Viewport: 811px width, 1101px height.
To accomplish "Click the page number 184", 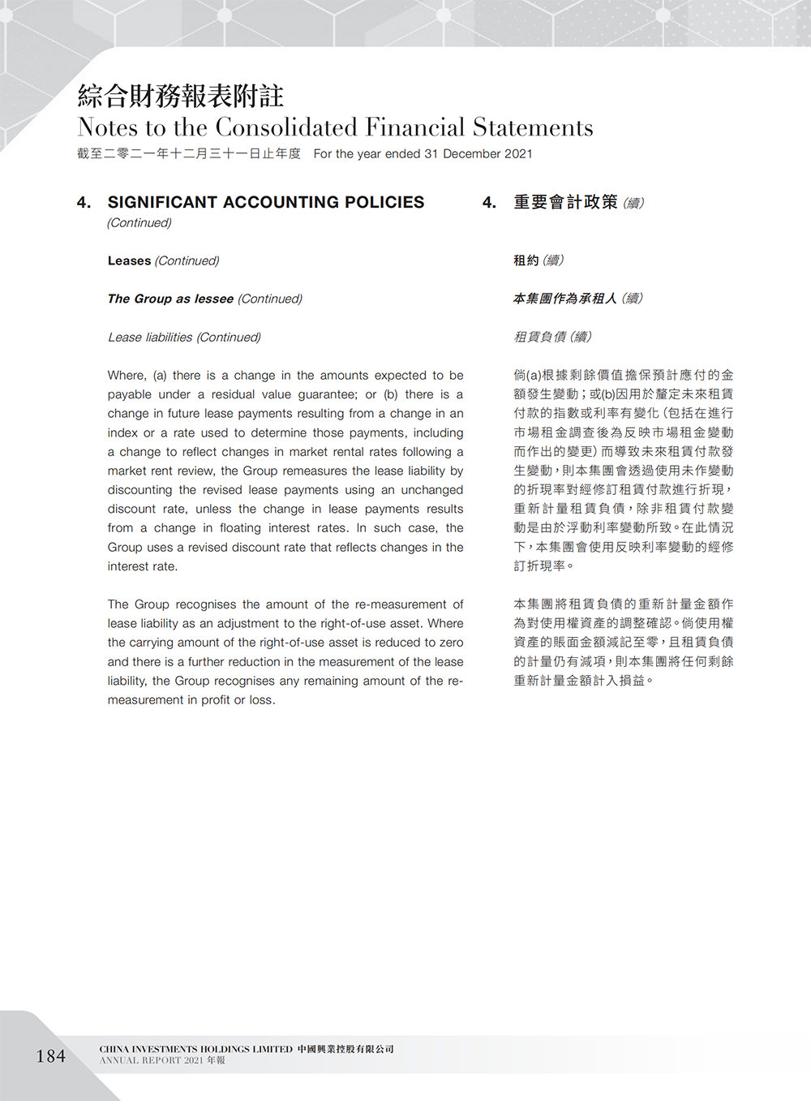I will click(50, 1056).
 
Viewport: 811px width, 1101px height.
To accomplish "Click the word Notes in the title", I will click(108, 127).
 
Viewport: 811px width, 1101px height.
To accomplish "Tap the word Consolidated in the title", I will click(286, 127).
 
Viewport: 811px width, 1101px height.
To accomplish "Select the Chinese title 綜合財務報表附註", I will click(180, 96).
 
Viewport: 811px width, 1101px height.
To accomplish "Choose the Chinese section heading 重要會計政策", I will click(565, 202).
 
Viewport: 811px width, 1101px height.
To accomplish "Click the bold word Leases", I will click(129, 260).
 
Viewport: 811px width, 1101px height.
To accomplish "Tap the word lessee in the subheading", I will click(214, 299).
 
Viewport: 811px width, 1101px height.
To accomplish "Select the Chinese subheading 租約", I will click(526, 260).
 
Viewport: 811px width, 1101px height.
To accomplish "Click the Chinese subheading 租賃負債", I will click(540, 337).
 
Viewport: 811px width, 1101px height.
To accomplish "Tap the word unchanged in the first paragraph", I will click(431, 490).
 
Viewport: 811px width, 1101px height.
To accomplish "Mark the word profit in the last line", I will click(214, 700).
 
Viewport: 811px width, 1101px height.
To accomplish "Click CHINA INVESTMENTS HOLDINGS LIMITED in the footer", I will click(196, 1049).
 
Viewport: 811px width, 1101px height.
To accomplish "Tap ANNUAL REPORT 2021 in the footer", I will click(152, 1060).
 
